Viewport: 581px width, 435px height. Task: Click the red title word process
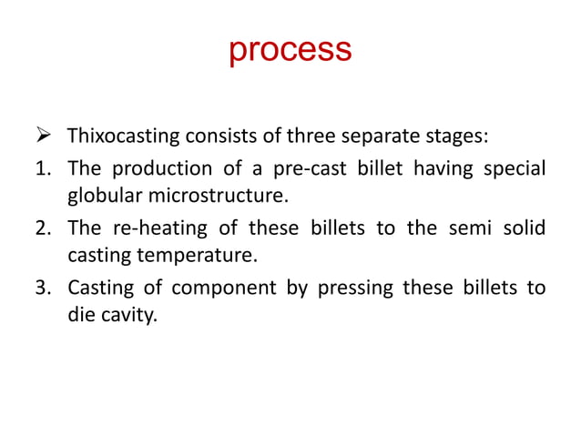coord(290,50)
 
